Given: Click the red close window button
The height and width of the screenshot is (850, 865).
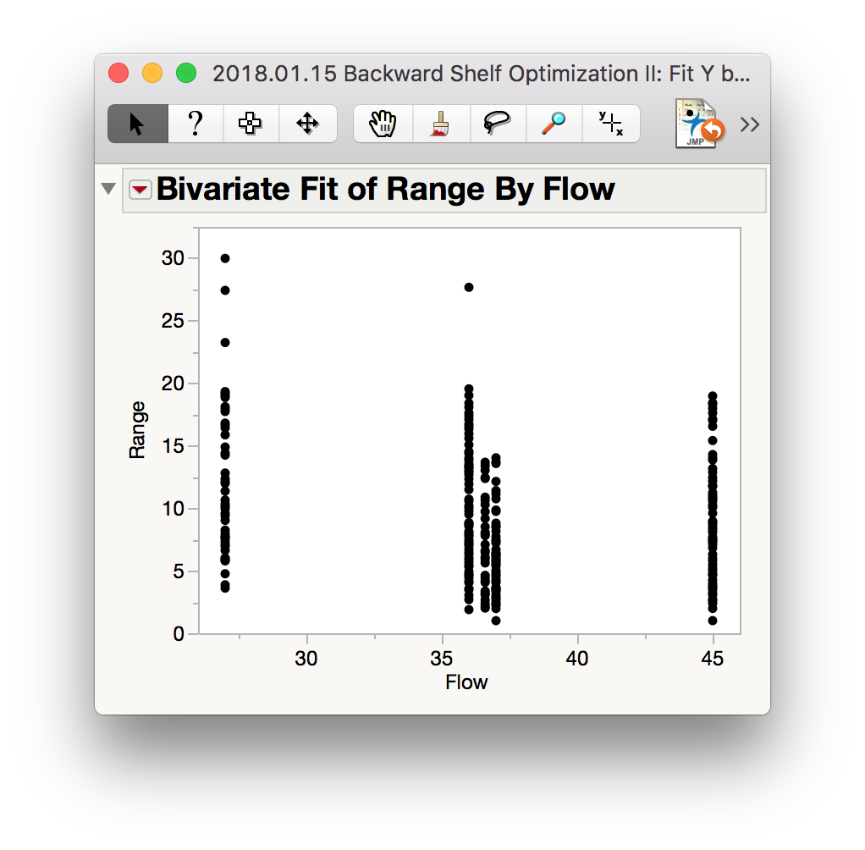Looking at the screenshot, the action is pos(118,73).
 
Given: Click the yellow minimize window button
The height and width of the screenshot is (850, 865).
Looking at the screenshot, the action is pos(152,73).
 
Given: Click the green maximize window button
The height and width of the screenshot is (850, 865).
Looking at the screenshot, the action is pos(186,73).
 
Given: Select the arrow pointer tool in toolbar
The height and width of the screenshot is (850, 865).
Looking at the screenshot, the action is pos(137,124).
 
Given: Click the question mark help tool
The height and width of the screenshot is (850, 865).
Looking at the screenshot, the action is pos(196,124).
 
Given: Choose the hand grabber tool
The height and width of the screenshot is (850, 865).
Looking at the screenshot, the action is pos(383,124).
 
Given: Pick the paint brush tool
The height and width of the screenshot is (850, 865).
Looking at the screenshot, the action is pos(441,124).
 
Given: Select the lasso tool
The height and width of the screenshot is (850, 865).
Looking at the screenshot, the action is pos(497,124).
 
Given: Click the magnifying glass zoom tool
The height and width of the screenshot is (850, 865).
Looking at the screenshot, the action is pos(554,124).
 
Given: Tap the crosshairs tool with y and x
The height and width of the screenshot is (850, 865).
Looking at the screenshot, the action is pos(611,124).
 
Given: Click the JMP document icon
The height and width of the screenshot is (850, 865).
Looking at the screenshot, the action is pos(698,124).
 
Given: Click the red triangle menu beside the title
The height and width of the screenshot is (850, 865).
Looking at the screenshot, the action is pos(140,190).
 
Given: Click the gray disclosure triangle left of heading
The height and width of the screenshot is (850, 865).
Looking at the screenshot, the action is pos(108,189).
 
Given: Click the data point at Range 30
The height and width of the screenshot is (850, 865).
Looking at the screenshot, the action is pos(225,258).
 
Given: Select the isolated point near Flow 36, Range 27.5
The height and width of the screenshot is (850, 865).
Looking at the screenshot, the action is pos(469,288).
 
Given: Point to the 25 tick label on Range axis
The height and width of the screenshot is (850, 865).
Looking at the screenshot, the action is pos(173,321).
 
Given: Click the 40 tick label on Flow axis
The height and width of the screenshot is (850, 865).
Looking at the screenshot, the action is pos(577,659).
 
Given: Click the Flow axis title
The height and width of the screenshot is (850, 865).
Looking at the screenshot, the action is pos(466,682).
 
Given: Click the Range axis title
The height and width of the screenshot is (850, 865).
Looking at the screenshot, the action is pos(137,430).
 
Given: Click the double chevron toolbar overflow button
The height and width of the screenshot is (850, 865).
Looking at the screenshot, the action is pos(750,124).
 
